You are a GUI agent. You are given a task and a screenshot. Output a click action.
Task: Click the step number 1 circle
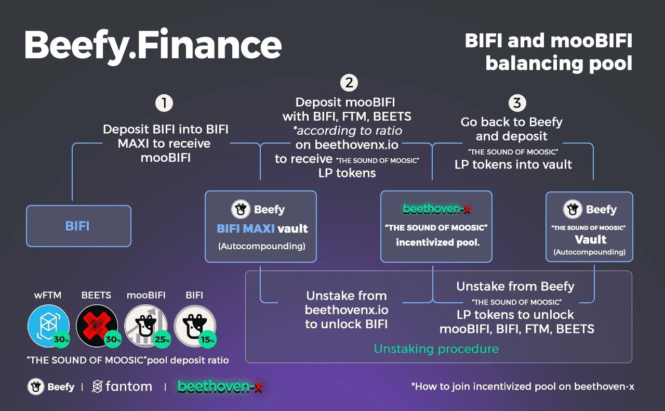(x=164, y=103)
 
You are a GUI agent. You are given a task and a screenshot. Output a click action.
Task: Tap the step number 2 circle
(x=349, y=82)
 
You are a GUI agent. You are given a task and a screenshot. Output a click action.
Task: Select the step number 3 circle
(x=516, y=102)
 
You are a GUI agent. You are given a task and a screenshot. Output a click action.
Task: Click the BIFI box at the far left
(x=78, y=226)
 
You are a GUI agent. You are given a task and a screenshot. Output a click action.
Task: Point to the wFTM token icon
(x=47, y=325)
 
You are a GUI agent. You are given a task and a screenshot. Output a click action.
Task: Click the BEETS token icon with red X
(x=96, y=325)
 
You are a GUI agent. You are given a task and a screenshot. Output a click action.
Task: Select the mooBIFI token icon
(x=145, y=325)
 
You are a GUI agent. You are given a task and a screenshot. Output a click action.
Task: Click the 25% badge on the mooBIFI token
(x=162, y=340)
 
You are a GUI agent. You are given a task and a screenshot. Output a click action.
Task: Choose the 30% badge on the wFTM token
(x=62, y=340)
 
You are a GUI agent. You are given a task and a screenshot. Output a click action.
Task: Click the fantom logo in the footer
(x=122, y=387)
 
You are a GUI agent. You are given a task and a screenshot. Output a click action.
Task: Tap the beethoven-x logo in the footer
(x=220, y=387)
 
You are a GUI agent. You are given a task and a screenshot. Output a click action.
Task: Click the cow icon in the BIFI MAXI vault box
(x=240, y=210)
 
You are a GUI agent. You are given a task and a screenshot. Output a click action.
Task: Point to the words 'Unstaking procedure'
(x=436, y=349)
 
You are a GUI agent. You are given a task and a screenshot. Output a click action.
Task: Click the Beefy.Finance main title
(x=153, y=45)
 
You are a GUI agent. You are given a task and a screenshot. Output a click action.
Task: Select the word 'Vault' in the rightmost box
(x=590, y=239)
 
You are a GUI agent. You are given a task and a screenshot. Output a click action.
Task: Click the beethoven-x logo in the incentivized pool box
(x=436, y=209)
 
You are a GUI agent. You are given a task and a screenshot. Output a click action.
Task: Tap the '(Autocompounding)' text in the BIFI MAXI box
(x=261, y=246)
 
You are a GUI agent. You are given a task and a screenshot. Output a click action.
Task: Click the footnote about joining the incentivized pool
(x=522, y=387)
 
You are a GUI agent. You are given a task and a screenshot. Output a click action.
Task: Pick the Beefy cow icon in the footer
(x=36, y=387)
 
